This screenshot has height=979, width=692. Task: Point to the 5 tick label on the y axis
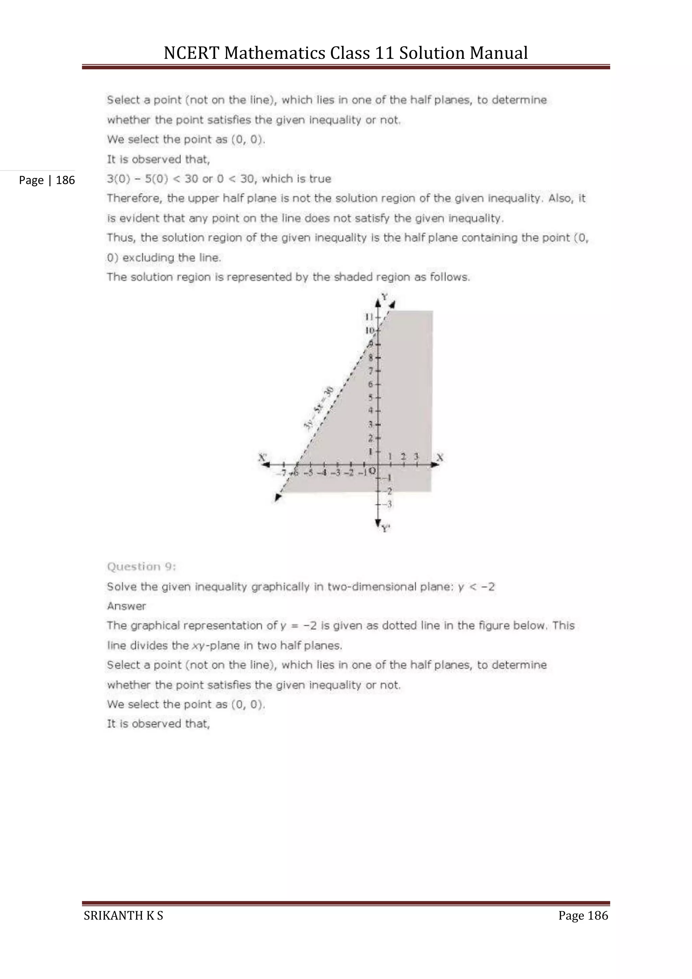[371, 398]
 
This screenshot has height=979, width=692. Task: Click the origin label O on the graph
[372, 471]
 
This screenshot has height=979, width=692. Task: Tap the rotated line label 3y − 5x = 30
[319, 408]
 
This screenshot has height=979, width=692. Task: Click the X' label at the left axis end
[263, 457]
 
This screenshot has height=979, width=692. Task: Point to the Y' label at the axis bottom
[386, 529]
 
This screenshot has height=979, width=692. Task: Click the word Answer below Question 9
[127, 606]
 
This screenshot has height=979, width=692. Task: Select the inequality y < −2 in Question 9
[476, 587]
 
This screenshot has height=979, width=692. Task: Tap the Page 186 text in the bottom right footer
[583, 915]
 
